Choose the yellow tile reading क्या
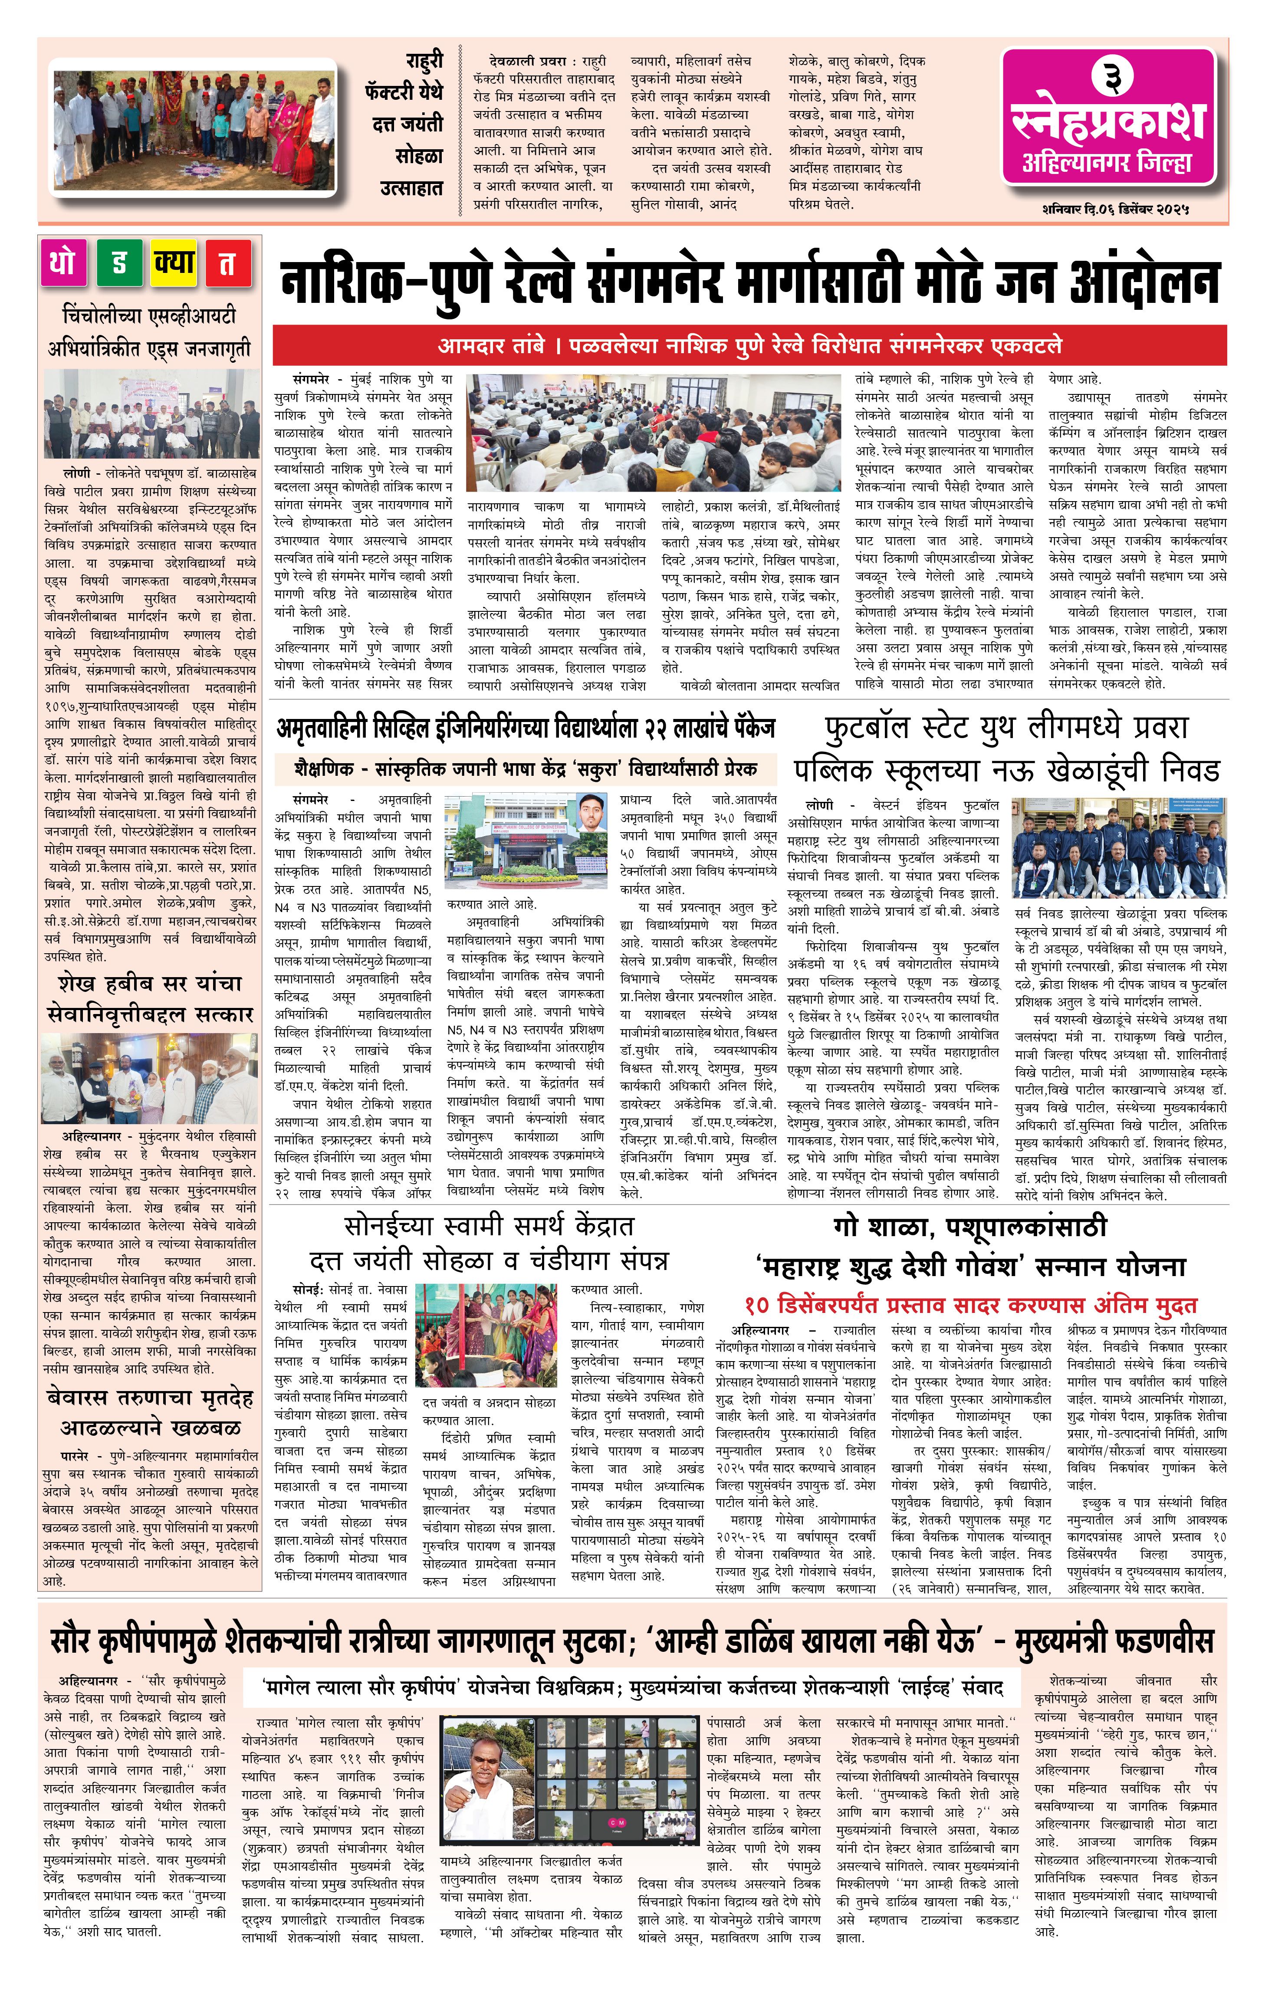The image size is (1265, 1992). click(x=173, y=263)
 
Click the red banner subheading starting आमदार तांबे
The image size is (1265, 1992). click(x=749, y=346)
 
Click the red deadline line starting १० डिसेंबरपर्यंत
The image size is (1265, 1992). click(x=969, y=1306)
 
